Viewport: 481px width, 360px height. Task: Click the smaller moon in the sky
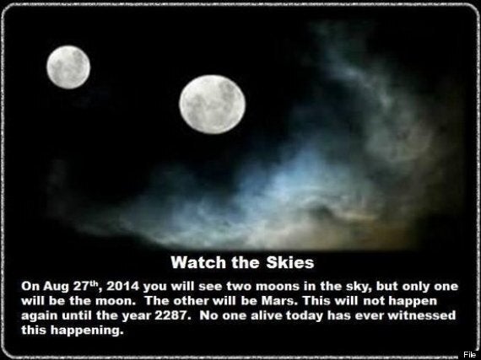coord(68,67)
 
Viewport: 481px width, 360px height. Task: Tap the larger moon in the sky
coord(213,105)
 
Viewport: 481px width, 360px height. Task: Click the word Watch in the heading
coord(198,262)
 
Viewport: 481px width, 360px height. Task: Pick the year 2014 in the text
coord(122,287)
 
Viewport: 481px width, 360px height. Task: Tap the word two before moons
coord(240,287)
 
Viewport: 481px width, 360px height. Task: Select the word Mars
coord(279,301)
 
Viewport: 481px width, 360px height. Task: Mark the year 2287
coord(170,315)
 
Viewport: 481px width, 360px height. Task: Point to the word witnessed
coord(421,315)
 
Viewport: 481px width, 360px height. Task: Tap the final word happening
coord(87,330)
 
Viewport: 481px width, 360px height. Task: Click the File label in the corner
coord(469,354)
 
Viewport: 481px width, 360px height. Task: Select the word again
coord(40,316)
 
